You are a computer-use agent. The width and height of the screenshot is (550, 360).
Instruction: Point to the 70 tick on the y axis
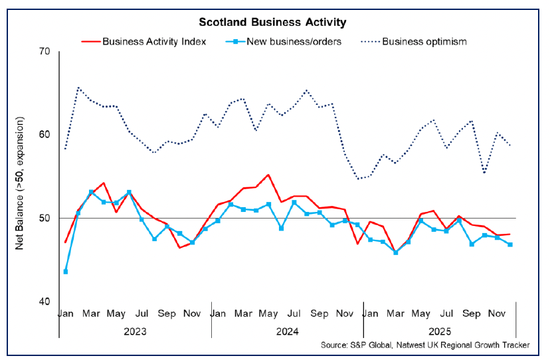[x=45, y=51]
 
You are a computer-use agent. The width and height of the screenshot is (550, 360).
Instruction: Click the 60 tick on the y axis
[x=45, y=135]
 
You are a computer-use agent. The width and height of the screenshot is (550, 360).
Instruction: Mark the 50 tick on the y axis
[x=45, y=218]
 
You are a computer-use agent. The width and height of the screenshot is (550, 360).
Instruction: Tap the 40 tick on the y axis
[x=45, y=302]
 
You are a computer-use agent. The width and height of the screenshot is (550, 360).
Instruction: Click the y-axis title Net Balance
[x=21, y=183]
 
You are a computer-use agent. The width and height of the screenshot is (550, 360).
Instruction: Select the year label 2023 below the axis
[x=135, y=330]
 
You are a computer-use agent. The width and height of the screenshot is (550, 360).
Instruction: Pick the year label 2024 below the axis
[x=287, y=330]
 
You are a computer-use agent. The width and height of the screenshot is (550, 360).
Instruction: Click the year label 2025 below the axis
[x=439, y=330]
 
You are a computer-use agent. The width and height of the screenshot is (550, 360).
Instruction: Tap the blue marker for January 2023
[x=65, y=271]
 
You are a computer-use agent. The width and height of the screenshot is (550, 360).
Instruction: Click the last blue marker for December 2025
[x=509, y=244]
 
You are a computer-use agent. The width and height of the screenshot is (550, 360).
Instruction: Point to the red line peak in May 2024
[x=268, y=175]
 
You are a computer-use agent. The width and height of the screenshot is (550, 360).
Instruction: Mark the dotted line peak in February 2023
[x=78, y=87]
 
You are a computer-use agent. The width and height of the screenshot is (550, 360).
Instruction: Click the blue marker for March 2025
[x=395, y=252]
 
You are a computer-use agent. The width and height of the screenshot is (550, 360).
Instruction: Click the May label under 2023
[x=116, y=313]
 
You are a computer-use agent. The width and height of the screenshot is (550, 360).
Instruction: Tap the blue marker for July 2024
[x=294, y=202]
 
